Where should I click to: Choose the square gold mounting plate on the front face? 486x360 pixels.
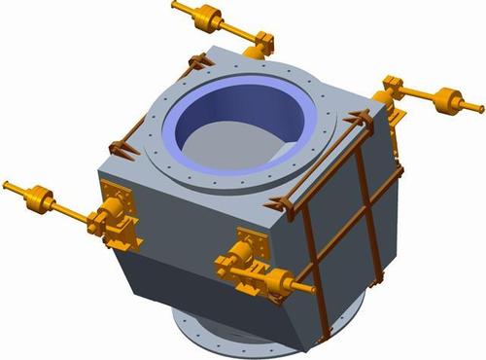point(251,238)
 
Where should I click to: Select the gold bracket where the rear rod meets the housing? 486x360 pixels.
point(261,43)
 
